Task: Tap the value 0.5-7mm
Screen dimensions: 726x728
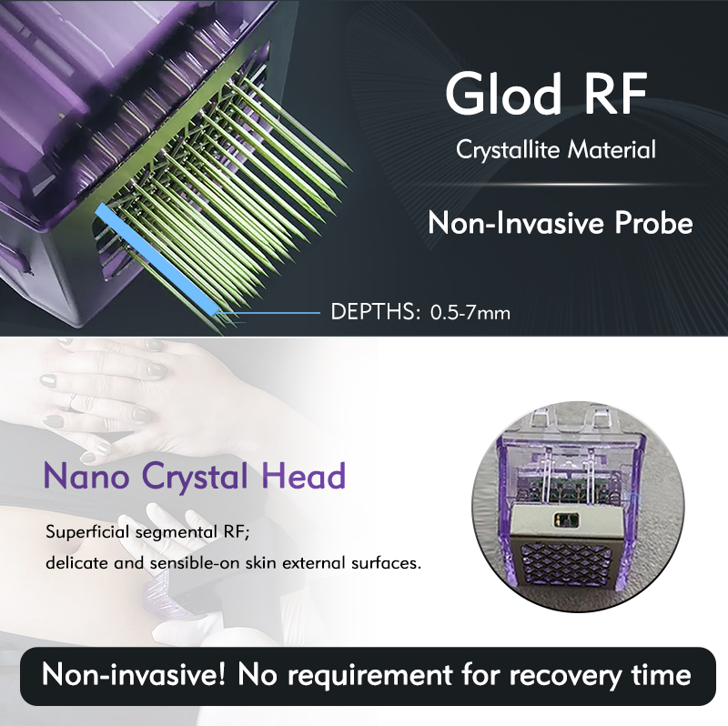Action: (x=470, y=313)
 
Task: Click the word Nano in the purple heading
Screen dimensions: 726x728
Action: (x=80, y=476)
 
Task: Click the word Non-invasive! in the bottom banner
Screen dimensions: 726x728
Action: (x=129, y=677)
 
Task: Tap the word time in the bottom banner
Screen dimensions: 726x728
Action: (x=661, y=677)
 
